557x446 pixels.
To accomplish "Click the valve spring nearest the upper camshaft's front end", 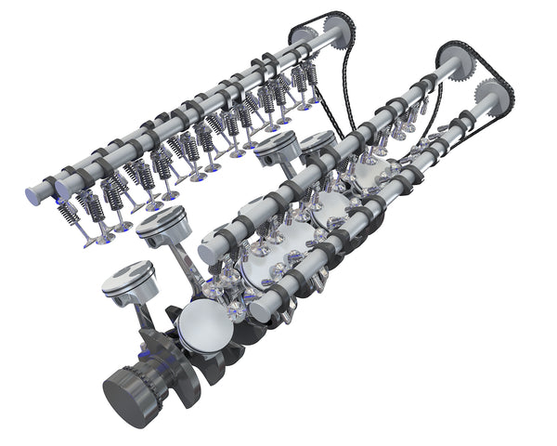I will point(70,212).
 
